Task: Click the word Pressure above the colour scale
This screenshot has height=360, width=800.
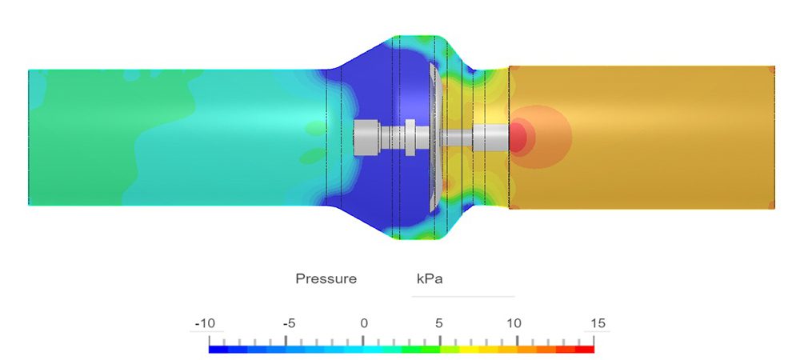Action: pos(326,279)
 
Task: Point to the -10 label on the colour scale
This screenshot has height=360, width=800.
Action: pos(206,323)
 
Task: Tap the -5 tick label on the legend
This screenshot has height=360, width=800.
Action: pos(290,323)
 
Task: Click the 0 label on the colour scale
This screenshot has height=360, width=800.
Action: pos(364,323)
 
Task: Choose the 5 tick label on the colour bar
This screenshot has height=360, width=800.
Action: pos(438,323)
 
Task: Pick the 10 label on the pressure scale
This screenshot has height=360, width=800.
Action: pos(514,323)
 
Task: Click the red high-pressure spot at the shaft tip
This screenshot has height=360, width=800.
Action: pos(518,137)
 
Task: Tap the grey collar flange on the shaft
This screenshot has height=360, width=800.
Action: pos(409,137)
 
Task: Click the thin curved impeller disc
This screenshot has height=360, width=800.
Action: pos(433,137)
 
